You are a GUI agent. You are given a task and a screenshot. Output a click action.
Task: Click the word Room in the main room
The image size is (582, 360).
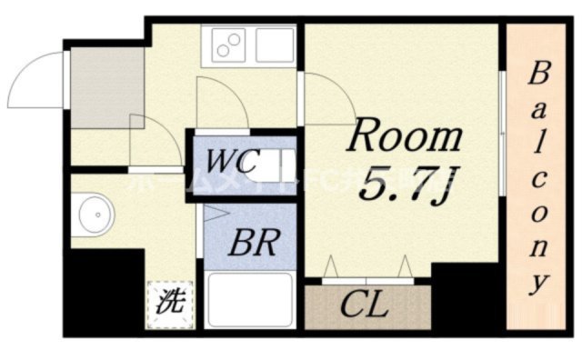[406, 138]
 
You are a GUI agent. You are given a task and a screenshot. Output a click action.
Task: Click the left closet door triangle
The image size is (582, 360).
[332, 267]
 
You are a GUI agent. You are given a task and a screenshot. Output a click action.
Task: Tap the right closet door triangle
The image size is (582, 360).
[404, 267]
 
